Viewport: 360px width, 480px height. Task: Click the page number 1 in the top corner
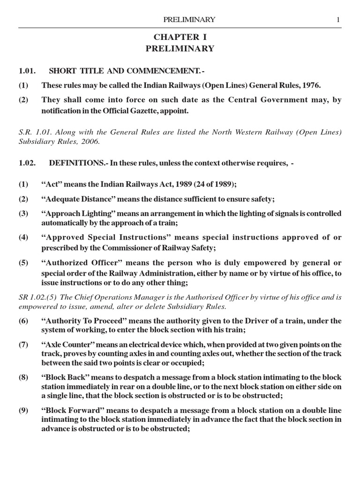(x=337, y=19)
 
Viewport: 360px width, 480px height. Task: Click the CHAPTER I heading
(x=180, y=37)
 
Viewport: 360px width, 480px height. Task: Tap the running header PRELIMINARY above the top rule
(x=188, y=19)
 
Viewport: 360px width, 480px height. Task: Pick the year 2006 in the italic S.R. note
(x=92, y=142)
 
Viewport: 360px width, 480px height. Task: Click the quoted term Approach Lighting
(x=75, y=213)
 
